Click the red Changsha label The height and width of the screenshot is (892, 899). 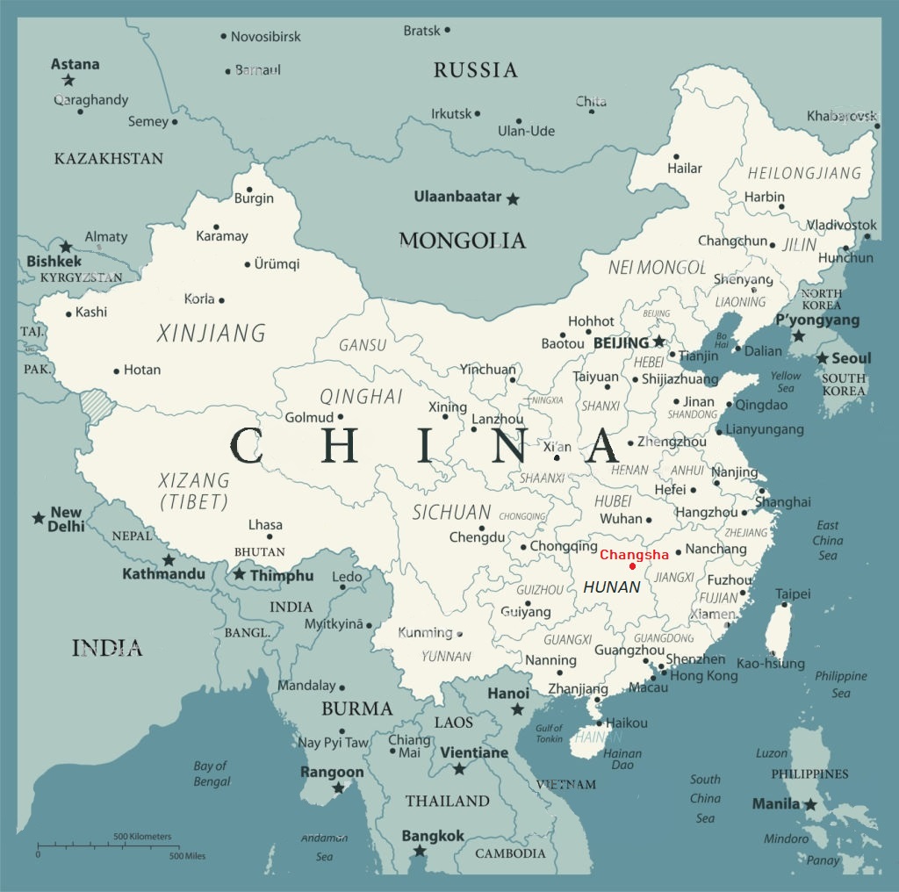(634, 554)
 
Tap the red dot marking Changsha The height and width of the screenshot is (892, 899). (632, 566)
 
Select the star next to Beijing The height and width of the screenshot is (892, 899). (658, 341)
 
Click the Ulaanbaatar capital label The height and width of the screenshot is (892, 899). (457, 197)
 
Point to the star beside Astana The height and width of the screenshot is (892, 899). (68, 80)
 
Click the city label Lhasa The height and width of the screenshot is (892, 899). (265, 524)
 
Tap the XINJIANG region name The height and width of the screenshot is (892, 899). (211, 334)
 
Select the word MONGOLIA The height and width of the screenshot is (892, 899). (463, 240)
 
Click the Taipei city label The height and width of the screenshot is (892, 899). (793, 593)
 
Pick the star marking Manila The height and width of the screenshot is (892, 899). (810, 804)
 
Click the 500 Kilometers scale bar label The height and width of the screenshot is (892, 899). (142, 837)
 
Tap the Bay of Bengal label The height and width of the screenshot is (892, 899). (211, 773)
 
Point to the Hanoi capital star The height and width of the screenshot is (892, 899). (518, 709)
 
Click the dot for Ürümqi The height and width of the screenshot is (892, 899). (248, 264)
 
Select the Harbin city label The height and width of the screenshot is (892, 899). (765, 197)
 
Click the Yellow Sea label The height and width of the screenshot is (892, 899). (786, 382)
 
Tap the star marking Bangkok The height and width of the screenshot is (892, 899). (420, 851)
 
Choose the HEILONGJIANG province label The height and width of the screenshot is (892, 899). (804, 173)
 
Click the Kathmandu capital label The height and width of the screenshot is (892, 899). (163, 574)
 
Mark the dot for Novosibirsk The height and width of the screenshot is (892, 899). (224, 37)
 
